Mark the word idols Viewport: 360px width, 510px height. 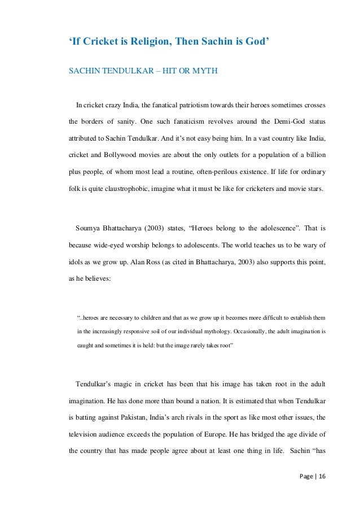pos(76,261)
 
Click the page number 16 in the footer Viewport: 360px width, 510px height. pos(322,477)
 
